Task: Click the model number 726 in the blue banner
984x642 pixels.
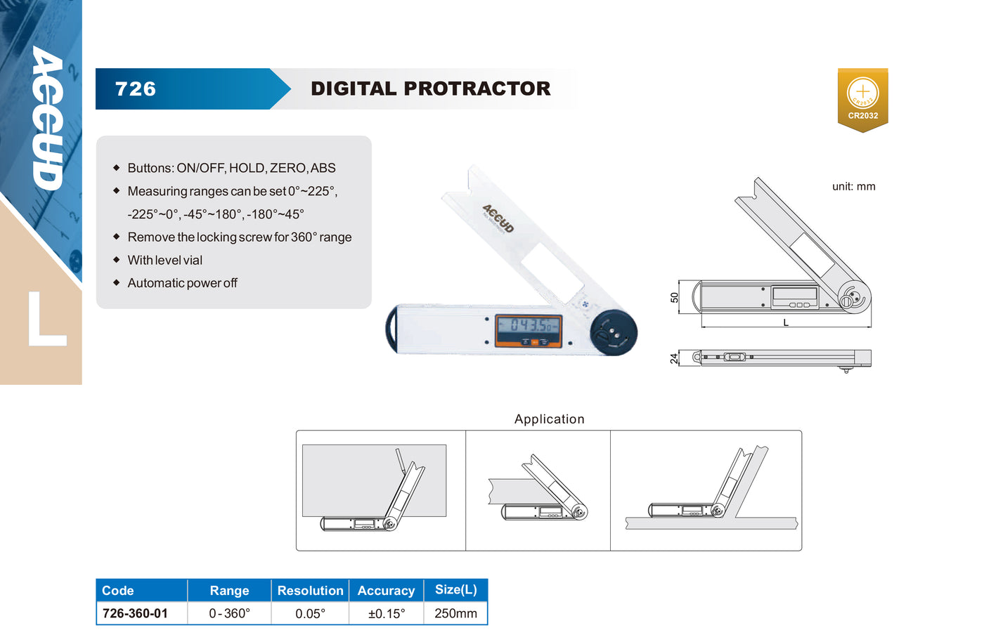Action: tap(135, 89)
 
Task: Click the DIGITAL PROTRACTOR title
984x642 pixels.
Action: tap(430, 89)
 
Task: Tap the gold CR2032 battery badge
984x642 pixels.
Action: tap(863, 100)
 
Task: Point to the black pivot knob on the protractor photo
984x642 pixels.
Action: tap(614, 332)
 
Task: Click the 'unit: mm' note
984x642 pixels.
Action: tap(853, 187)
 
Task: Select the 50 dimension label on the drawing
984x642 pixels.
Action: tap(674, 297)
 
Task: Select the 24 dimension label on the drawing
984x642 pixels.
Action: tap(674, 359)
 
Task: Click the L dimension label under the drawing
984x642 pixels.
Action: tap(786, 323)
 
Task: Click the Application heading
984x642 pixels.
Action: tap(549, 419)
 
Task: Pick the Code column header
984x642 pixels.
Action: tap(118, 591)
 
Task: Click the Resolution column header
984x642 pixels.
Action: tap(310, 591)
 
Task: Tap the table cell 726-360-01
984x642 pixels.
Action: tap(135, 613)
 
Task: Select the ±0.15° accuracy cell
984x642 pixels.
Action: tap(387, 613)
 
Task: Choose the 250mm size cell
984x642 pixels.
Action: tap(455, 613)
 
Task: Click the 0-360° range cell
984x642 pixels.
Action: tap(229, 613)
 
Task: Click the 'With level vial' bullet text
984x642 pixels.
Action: tap(164, 260)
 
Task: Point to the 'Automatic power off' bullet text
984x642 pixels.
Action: tap(182, 283)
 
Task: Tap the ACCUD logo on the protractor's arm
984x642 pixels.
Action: tap(498, 218)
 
